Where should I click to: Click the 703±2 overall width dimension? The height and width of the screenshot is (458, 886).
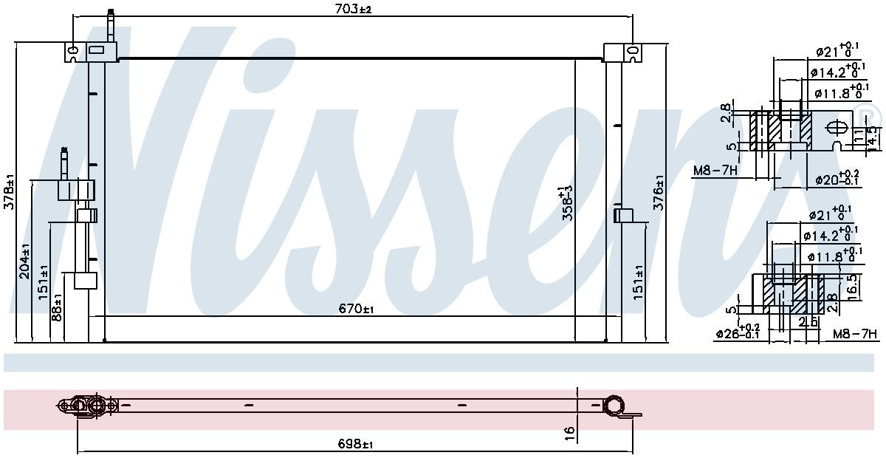coord(353,9)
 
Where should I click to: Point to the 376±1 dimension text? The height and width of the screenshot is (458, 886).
coord(659,193)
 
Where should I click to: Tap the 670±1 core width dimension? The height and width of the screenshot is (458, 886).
coord(357,310)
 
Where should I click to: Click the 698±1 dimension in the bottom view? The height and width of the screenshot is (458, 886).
coord(357,444)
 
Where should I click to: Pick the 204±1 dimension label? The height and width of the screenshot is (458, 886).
coord(24,262)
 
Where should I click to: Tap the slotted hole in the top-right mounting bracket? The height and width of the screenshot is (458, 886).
coord(632,51)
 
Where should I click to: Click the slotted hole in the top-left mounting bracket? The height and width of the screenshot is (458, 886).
coord(72,51)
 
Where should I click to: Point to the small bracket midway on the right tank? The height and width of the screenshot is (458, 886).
coord(624,215)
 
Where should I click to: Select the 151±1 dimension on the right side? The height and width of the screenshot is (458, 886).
coord(639,281)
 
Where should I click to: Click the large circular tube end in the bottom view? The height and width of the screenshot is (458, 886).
coord(614,406)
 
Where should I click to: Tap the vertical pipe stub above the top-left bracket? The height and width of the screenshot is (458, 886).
coord(111,26)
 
